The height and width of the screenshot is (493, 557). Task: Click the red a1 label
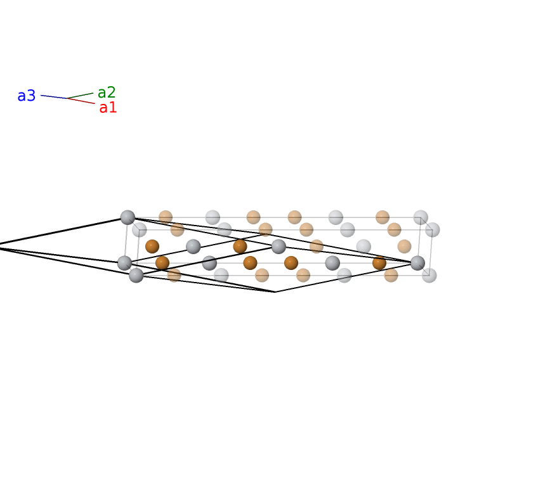(108, 108)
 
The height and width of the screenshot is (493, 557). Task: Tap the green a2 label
(107, 93)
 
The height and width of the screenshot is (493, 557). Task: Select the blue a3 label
(27, 96)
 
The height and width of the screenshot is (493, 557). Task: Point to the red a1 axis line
(81, 101)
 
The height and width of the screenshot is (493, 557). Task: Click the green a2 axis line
(81, 96)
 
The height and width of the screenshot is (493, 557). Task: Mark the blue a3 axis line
(54, 96)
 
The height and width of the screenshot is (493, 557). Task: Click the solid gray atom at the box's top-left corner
(128, 217)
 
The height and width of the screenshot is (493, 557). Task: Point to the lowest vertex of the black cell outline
(275, 291)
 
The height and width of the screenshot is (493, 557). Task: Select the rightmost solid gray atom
(417, 263)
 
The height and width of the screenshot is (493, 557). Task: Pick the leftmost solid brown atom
(152, 246)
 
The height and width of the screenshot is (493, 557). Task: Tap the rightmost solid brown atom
(379, 263)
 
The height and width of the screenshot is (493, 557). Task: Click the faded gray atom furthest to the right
(433, 229)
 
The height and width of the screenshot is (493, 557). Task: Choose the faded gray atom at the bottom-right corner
(429, 276)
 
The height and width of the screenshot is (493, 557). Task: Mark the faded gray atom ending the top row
(421, 217)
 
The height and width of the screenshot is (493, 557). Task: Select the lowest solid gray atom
(136, 276)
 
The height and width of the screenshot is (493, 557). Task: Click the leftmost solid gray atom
(125, 263)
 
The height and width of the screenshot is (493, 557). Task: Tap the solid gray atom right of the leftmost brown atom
(193, 246)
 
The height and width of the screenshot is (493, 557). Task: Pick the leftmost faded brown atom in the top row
(166, 217)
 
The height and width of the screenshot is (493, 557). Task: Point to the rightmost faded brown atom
(405, 246)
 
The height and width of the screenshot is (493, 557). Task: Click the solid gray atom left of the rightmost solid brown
(332, 263)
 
